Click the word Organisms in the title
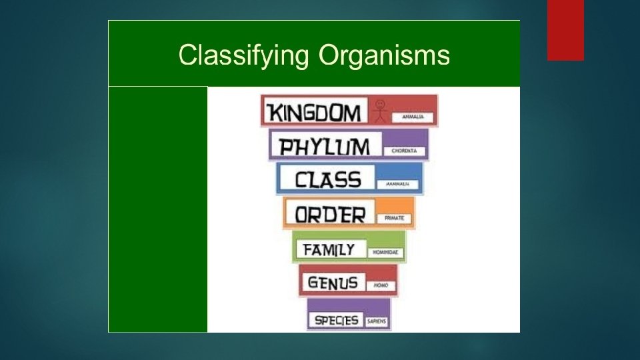384,55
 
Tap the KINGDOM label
314,112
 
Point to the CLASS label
328,179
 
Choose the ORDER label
331,214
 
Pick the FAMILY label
329,249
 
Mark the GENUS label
333,282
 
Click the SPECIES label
337,320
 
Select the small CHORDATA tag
405,151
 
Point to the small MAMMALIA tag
398,183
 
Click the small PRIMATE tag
395,218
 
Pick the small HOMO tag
381,285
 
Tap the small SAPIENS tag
376,321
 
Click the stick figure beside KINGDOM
380,111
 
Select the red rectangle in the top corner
565,30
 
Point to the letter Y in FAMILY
349,249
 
